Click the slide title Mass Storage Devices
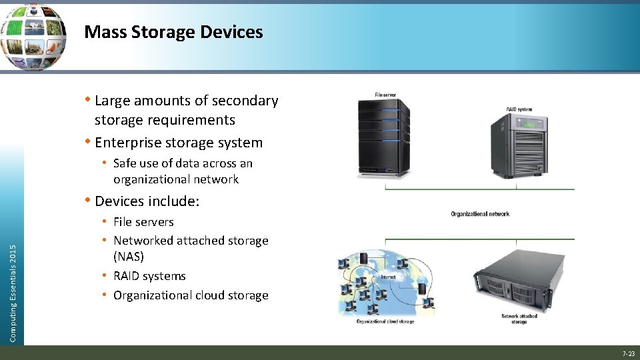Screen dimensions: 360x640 [173, 32]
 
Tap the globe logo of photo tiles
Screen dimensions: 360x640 [33, 37]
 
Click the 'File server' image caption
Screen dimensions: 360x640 [385, 95]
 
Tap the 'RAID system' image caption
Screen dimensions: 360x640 [519, 109]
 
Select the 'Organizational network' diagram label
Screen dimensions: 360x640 [480, 214]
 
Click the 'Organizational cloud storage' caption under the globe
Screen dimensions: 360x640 [385, 321]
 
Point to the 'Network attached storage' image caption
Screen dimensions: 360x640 [519, 319]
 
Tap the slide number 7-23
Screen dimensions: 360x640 [628, 353]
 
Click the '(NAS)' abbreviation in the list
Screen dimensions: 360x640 [129, 257]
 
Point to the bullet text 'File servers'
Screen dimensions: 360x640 [143, 222]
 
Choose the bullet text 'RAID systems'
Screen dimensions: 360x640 [149, 276]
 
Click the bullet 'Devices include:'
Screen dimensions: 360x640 [147, 201]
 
